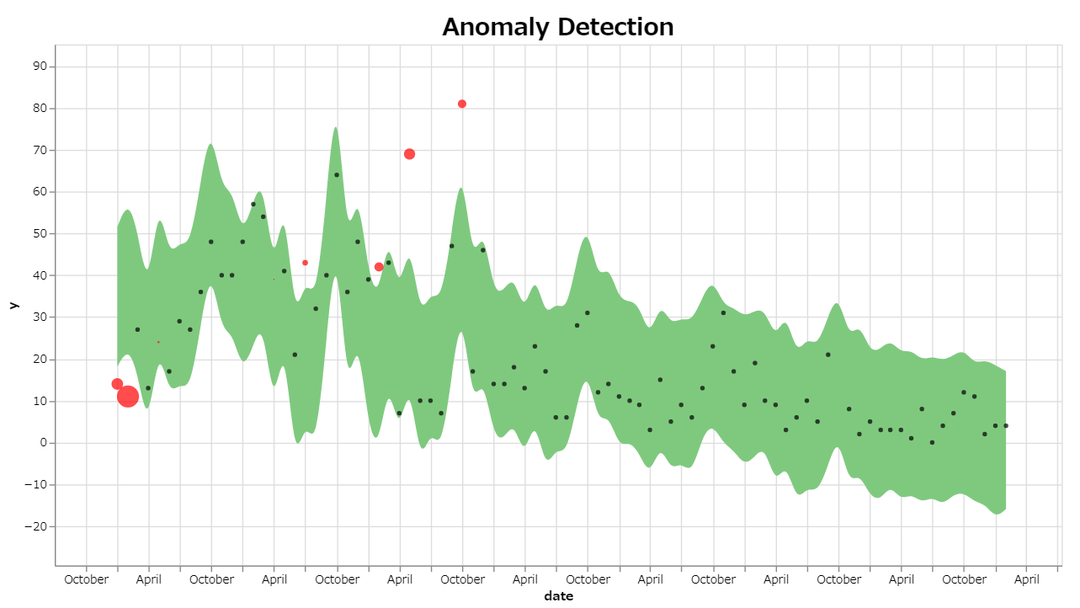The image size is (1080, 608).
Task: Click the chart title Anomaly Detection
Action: [x=557, y=27]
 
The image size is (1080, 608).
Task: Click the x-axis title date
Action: [x=558, y=596]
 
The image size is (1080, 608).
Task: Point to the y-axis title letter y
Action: [x=13, y=305]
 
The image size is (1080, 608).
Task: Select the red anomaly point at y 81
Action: [x=462, y=104]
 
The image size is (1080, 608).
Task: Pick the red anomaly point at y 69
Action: [x=409, y=154]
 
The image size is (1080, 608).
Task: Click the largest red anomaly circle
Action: [x=127, y=397]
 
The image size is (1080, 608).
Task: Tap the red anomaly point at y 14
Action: [x=117, y=384]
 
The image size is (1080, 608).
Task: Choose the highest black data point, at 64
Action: [x=337, y=175]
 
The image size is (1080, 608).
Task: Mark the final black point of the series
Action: [x=1006, y=426]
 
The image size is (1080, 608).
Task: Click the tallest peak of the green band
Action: [x=336, y=129]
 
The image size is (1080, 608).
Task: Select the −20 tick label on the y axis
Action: [x=37, y=527]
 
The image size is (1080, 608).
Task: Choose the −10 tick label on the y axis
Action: [x=37, y=485]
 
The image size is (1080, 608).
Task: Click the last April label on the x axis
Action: [x=1027, y=579]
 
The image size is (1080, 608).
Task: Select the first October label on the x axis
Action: [x=87, y=579]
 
